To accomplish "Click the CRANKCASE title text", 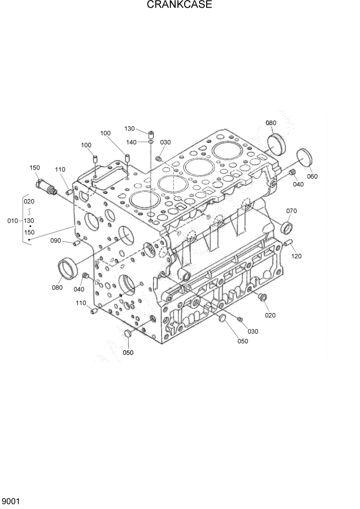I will (x=179, y=5).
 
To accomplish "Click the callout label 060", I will (x=312, y=177).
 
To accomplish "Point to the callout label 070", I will (x=291, y=211).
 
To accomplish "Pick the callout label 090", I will (x=55, y=240).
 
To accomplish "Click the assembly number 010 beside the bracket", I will (x=12, y=221).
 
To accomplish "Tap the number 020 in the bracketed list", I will (x=29, y=202).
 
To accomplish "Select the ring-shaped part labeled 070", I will (x=288, y=226).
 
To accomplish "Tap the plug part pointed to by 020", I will (x=263, y=297).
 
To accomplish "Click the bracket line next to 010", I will (x=24, y=221).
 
